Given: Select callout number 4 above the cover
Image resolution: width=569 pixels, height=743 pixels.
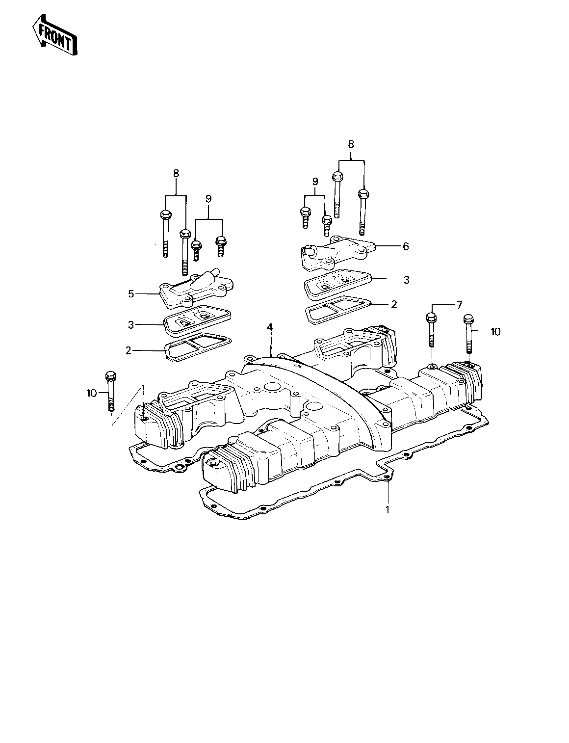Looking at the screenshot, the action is click(x=270, y=327).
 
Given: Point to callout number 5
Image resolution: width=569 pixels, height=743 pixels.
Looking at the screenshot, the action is click(x=131, y=293).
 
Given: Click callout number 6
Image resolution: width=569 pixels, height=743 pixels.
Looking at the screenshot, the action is click(x=406, y=246).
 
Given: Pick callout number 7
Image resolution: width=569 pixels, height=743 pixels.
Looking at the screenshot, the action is click(x=459, y=305).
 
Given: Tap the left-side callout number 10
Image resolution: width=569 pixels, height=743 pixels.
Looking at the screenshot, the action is click(x=92, y=393).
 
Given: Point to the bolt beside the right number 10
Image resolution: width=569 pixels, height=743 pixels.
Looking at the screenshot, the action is click(x=468, y=334).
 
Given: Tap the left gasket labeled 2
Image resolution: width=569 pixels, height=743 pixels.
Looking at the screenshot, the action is click(x=198, y=347).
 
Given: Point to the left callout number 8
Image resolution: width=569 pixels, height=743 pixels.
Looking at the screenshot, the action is click(x=176, y=173).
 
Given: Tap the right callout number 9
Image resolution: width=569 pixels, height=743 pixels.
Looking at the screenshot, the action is click(x=315, y=181).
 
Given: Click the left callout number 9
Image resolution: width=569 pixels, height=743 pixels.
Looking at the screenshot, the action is click(x=208, y=199).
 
